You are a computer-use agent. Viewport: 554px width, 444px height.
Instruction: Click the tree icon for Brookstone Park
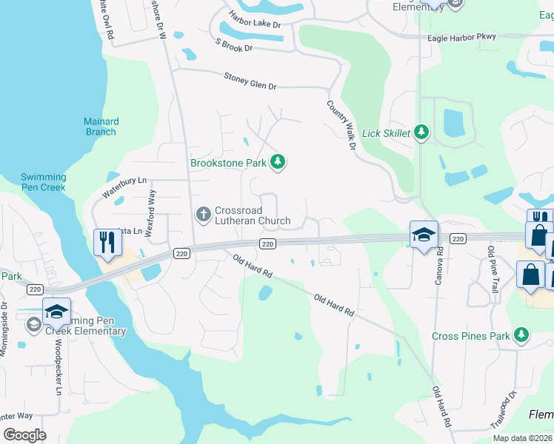pyautogui.click(x=278, y=162)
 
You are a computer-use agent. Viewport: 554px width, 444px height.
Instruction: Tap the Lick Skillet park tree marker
pyautogui.click(x=421, y=133)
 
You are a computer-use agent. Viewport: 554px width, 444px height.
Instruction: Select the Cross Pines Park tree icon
pyautogui.click(x=522, y=336)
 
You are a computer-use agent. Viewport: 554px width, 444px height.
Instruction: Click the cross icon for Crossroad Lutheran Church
pyautogui.click(x=204, y=215)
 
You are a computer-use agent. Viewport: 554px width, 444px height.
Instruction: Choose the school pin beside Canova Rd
pyautogui.click(x=424, y=235)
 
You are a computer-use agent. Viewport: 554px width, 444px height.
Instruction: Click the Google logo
pyautogui.click(x=24, y=435)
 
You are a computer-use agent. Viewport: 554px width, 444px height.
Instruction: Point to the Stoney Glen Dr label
pyautogui.click(x=250, y=81)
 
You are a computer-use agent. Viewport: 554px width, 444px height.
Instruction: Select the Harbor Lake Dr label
pyautogui.click(x=256, y=24)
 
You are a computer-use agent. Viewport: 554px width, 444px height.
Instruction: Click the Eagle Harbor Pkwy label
pyautogui.click(x=473, y=36)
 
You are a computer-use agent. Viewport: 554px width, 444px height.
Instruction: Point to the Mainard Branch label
pyautogui.click(x=101, y=127)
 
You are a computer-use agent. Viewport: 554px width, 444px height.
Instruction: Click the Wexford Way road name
pyautogui.click(x=150, y=212)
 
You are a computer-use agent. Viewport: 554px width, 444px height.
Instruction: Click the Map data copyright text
pyautogui.click(x=522, y=438)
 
